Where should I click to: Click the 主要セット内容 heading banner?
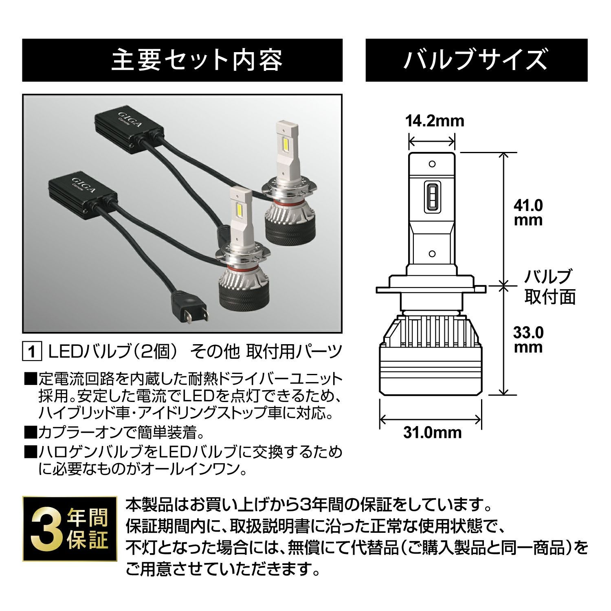(182, 60)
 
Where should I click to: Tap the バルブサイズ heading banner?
(476, 60)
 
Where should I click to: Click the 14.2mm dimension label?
(435, 121)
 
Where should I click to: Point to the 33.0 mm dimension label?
(528, 340)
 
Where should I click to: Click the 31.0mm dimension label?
(433, 432)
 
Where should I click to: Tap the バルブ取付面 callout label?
(549, 287)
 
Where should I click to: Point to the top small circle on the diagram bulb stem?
(433, 164)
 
